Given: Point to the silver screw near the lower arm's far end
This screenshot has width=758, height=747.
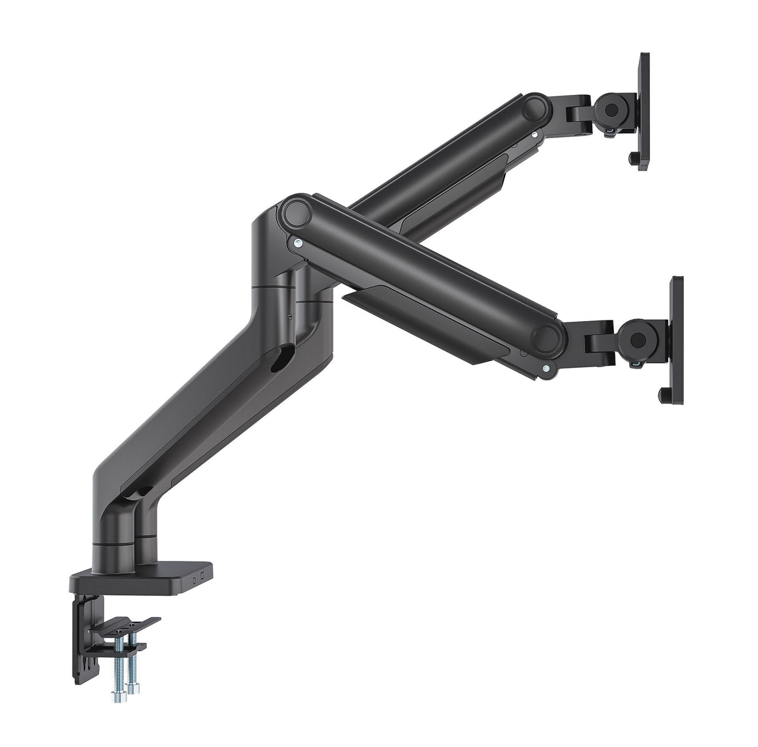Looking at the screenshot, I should [548, 369].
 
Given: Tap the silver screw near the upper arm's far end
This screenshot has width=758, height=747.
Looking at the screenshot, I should [534, 132].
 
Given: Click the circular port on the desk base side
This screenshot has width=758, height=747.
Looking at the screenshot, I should [195, 578].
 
